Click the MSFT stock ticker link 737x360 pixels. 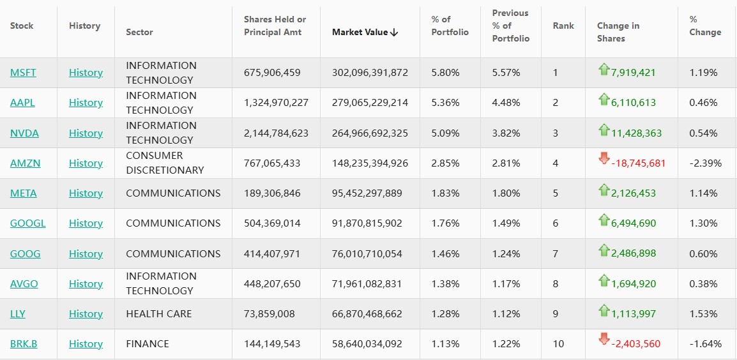click(23, 73)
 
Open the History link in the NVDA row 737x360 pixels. click(86, 133)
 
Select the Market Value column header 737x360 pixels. click(360, 33)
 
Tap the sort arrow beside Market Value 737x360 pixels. click(394, 33)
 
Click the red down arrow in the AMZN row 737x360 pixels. click(604, 159)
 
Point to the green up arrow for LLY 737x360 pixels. click(604, 310)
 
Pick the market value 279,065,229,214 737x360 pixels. click(370, 103)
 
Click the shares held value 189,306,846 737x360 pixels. click(272, 193)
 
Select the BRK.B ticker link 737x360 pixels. click(24, 343)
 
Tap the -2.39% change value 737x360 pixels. click(706, 163)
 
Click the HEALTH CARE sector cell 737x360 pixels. click(158, 313)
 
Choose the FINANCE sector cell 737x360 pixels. click(148, 343)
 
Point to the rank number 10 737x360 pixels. click(558, 343)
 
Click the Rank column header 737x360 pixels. click(563, 26)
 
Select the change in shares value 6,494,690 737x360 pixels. click(633, 223)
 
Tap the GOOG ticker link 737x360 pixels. click(25, 253)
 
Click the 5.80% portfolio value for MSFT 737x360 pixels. click(445, 73)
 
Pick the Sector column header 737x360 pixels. click(139, 33)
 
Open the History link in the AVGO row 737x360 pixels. click(86, 283)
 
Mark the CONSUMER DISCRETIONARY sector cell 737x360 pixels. click(165, 163)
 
